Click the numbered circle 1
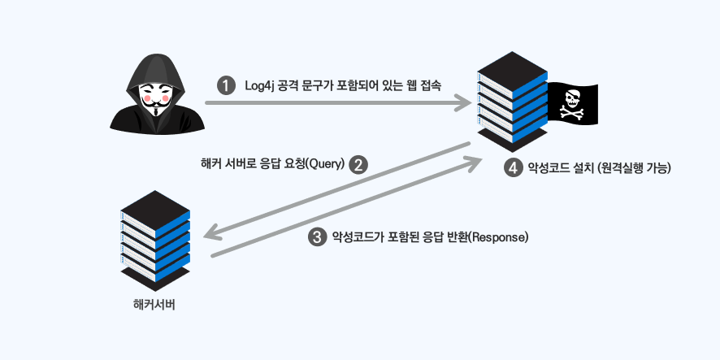click(225, 86)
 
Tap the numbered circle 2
click(358, 164)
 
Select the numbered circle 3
click(317, 237)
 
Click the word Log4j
click(259, 86)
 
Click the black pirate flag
click(573, 104)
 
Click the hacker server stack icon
click(155, 241)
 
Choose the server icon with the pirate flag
click(513, 102)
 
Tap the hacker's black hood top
click(156, 64)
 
